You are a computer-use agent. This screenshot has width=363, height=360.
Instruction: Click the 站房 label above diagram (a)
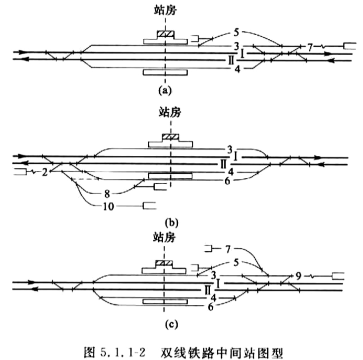click(165, 10)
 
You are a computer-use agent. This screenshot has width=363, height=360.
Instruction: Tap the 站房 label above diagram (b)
click(170, 112)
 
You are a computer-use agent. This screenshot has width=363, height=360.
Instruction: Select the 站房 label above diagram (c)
click(164, 237)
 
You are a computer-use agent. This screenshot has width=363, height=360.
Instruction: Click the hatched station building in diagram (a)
click(165, 34)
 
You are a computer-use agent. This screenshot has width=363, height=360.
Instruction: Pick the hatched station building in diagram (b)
click(171, 137)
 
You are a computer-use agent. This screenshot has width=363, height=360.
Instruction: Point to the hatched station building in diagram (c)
click(164, 263)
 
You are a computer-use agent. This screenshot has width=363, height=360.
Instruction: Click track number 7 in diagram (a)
click(310, 48)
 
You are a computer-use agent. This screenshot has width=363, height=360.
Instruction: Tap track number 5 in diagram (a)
click(236, 32)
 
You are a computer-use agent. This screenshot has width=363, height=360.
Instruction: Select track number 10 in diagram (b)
click(108, 206)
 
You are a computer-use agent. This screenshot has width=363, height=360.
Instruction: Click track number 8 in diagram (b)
click(107, 194)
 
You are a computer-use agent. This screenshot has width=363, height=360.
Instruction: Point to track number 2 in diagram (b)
click(45, 172)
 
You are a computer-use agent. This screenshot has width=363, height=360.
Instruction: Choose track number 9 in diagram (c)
click(299, 276)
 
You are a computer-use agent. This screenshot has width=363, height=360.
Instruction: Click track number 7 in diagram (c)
click(228, 249)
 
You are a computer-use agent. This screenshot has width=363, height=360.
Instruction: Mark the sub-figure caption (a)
click(165, 90)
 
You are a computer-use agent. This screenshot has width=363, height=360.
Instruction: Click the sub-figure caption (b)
click(172, 222)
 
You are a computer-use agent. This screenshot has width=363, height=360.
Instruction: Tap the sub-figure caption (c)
click(172, 324)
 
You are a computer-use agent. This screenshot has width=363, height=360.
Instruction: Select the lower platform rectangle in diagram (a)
click(165, 72)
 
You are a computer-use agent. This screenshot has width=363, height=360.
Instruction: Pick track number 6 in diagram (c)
click(210, 307)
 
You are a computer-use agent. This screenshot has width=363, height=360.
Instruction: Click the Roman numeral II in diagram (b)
click(223, 165)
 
